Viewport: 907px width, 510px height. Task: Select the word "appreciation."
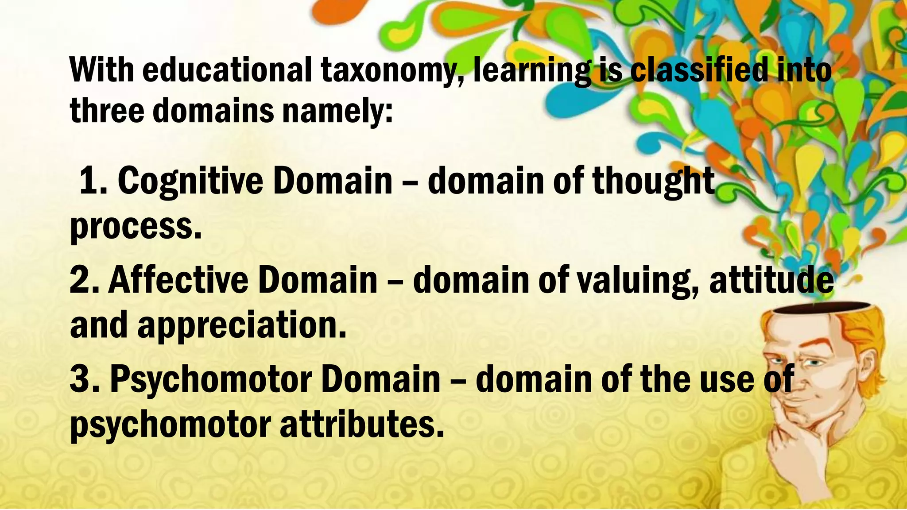(241, 325)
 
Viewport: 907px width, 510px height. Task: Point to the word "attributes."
(361, 425)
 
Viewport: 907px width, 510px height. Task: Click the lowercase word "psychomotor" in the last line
(171, 425)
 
